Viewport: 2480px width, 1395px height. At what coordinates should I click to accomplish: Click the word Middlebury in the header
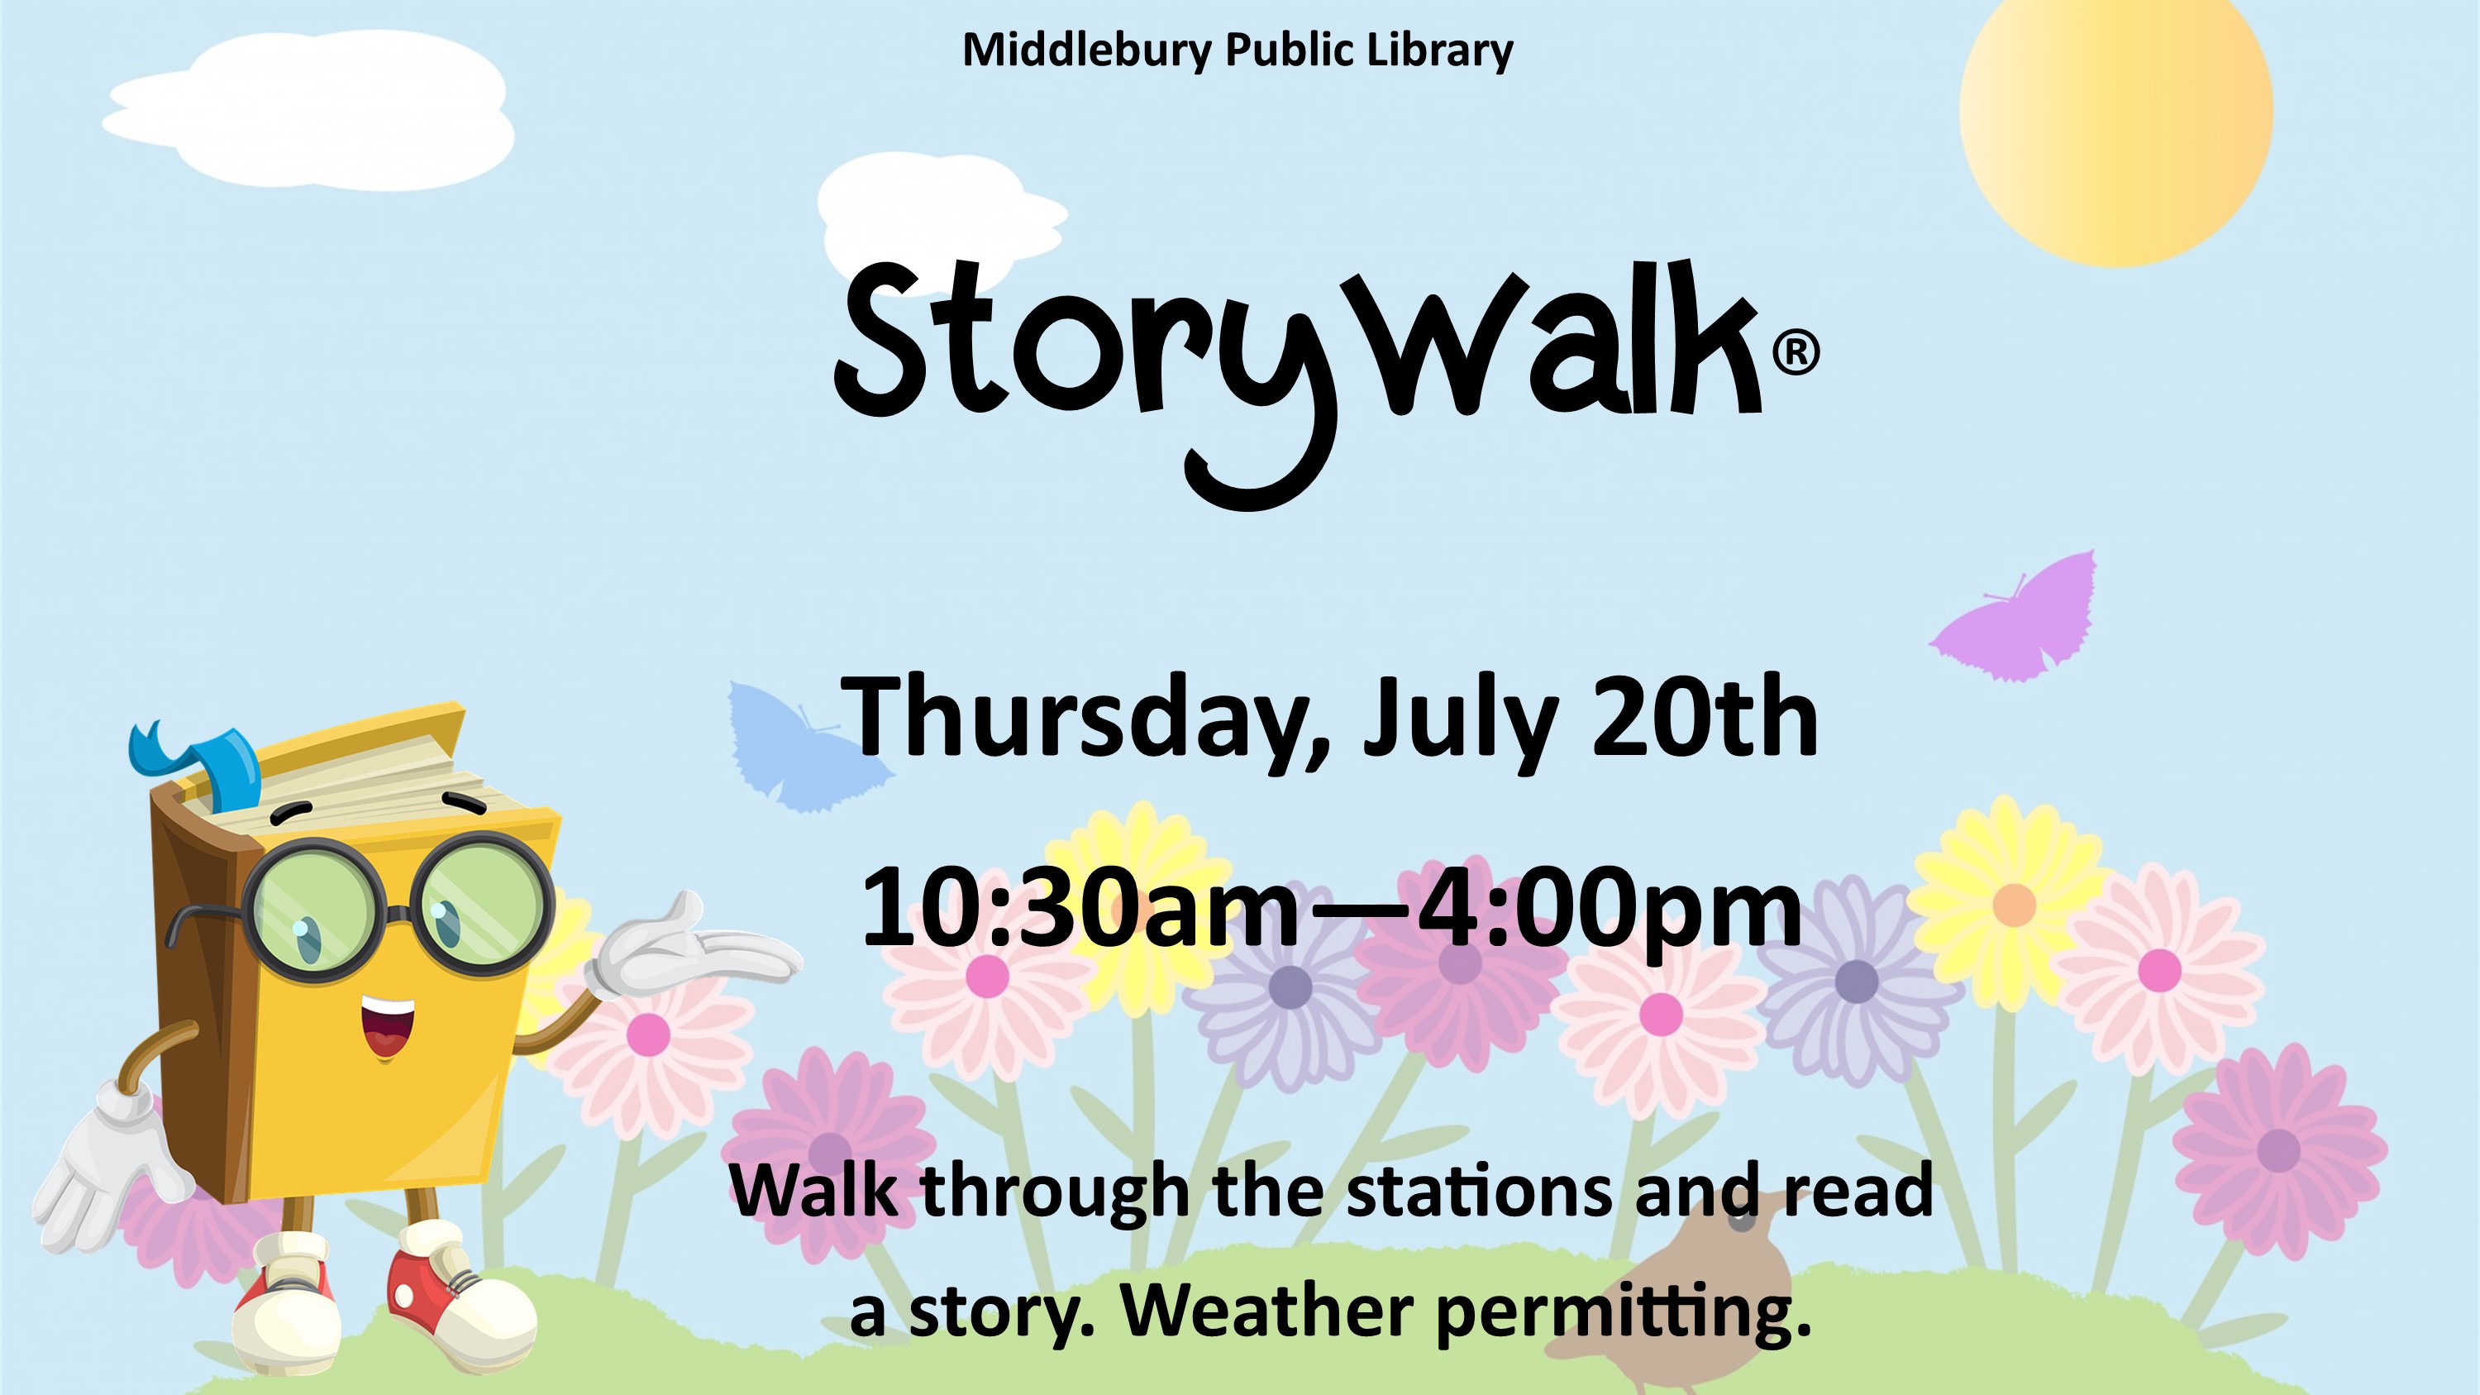[1087, 50]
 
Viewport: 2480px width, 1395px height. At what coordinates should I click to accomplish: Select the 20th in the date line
[1705, 717]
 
